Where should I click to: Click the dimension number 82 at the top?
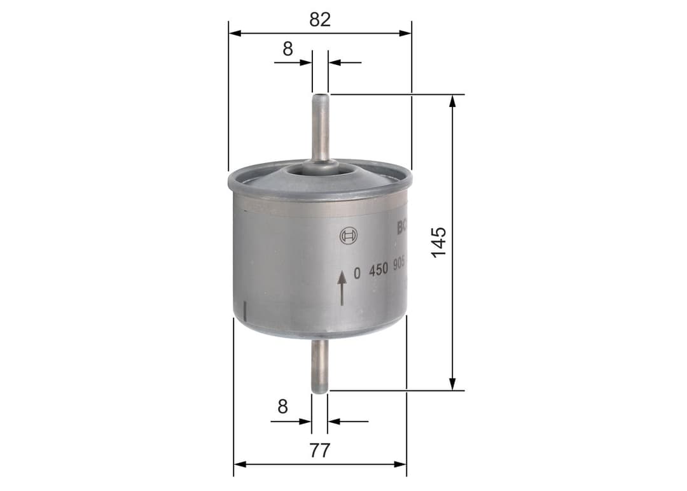(320, 19)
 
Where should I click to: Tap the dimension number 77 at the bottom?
(320, 451)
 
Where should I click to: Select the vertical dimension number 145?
(439, 242)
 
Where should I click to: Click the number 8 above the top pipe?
(288, 49)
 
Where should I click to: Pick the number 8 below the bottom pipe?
(283, 407)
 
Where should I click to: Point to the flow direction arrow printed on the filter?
(342, 287)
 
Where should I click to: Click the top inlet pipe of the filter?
(321, 127)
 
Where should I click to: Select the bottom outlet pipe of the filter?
(319, 366)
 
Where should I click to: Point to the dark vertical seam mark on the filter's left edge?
(245, 311)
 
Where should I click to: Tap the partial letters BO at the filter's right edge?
(402, 227)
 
